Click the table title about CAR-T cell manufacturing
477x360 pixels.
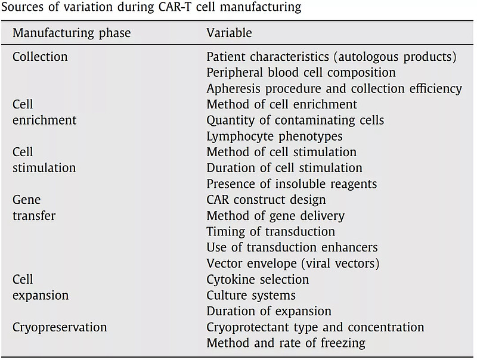(151, 7)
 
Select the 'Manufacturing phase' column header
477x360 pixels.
(72, 33)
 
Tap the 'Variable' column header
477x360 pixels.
(229, 33)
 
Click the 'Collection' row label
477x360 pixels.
(40, 57)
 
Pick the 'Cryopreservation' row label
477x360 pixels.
(60, 327)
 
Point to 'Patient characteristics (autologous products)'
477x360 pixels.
(332, 57)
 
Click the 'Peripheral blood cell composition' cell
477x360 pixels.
(301, 73)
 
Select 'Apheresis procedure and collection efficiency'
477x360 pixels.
(334, 88)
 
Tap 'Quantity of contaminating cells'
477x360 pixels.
(295, 120)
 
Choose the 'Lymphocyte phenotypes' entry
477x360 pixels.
(274, 136)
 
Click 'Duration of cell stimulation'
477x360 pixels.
(284, 168)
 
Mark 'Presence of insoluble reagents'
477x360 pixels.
(292, 184)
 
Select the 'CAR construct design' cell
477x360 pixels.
(266, 200)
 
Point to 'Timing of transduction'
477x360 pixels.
(271, 231)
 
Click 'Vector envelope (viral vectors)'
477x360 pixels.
(293, 263)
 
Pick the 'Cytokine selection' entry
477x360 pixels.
(258, 279)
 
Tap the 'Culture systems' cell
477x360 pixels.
(251, 295)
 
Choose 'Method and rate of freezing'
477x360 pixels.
(286, 343)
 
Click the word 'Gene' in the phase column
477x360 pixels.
(26, 200)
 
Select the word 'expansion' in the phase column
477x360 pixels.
(41, 296)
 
